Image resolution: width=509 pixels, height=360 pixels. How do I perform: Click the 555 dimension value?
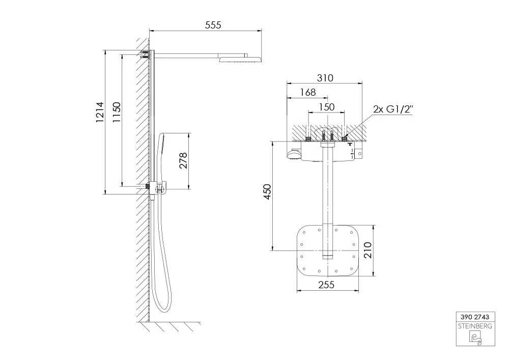click(213, 25)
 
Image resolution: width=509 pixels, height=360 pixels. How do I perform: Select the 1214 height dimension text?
click(100, 112)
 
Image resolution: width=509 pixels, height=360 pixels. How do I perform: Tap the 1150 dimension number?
click(116, 112)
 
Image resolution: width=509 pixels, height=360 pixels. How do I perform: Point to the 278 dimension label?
click(183, 160)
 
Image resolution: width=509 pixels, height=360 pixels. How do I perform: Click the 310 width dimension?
click(325, 78)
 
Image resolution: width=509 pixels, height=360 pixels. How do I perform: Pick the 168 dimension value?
click(308, 93)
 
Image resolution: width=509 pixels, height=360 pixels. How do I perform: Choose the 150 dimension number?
click(326, 107)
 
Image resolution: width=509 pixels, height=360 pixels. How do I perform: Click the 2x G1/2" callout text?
click(393, 109)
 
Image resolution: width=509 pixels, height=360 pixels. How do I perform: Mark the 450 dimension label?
click(267, 192)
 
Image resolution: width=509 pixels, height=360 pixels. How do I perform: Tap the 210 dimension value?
click(367, 250)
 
